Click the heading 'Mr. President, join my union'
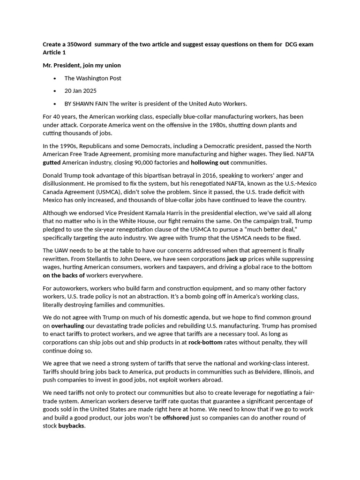[82, 65]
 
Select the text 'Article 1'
[54, 52]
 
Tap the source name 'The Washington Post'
[93, 78]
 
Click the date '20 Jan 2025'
[81, 91]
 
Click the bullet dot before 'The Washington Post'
[55, 78]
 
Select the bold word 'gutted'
[52, 163]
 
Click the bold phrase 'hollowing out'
[210, 163]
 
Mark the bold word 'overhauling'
[68, 325]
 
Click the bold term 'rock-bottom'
[205, 342]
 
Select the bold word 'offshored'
[176, 418]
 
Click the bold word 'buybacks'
[71, 426]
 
